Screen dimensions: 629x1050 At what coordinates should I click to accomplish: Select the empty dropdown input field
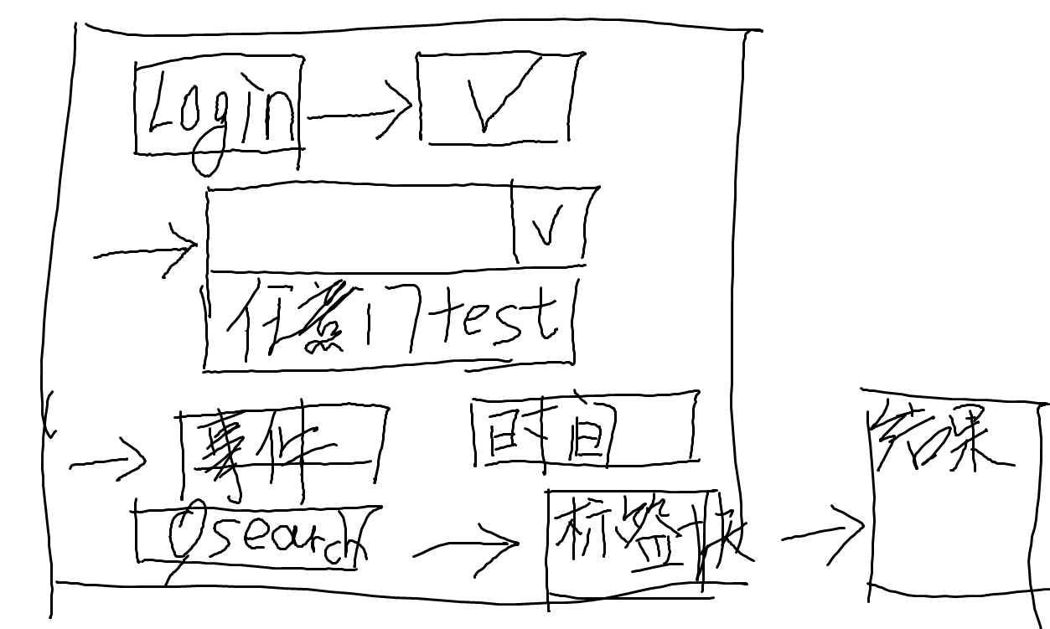[x=360, y=228]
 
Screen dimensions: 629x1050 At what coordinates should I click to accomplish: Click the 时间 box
[x=583, y=429]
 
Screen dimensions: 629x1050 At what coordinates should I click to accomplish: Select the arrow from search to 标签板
[x=466, y=549]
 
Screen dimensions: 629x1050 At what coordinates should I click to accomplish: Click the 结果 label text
[x=939, y=440]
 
